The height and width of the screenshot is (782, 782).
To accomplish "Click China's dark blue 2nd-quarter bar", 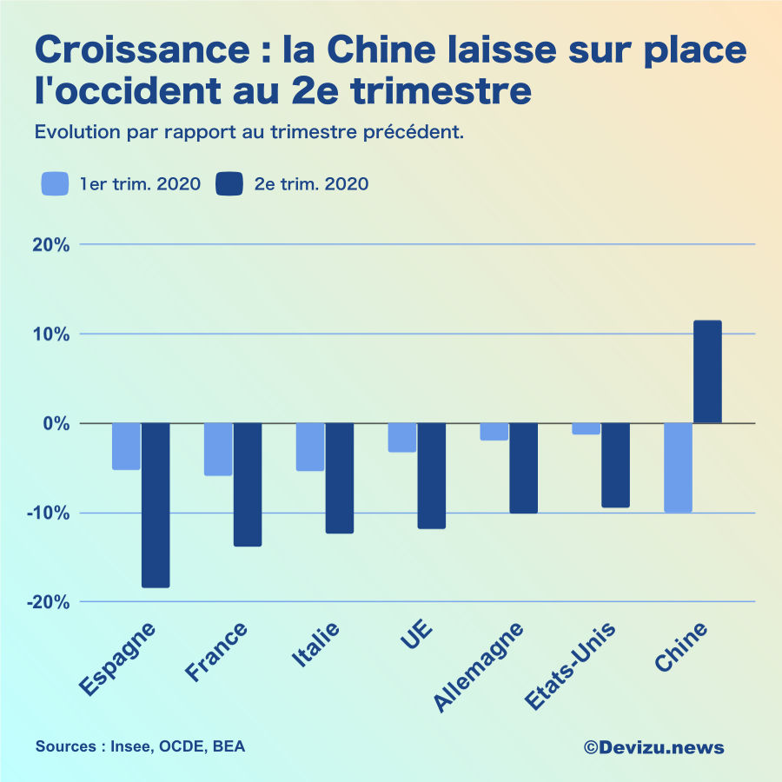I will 707,372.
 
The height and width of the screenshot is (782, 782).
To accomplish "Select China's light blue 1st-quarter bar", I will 678,467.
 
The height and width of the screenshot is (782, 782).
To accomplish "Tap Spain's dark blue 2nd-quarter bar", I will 156,505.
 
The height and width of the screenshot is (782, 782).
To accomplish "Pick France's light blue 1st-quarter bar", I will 218,449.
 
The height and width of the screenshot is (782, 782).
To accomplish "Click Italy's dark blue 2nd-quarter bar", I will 340,478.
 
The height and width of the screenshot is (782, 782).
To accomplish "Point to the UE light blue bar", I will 401,438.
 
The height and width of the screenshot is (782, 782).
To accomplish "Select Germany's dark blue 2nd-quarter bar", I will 523,467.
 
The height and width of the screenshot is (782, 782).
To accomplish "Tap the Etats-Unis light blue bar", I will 586,429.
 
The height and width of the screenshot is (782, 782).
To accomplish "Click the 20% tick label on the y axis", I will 51,244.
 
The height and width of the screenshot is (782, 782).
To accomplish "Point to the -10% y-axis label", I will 48,513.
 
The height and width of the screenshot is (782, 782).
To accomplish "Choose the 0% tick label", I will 56,423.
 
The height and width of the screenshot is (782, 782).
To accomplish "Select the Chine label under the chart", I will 681,647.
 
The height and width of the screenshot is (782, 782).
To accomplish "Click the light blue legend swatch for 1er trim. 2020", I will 55,184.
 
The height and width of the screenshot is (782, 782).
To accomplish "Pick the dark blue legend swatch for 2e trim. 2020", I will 229,184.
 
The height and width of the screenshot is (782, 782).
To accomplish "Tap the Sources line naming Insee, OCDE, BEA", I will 140,746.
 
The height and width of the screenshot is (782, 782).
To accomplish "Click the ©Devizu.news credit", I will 653,747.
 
